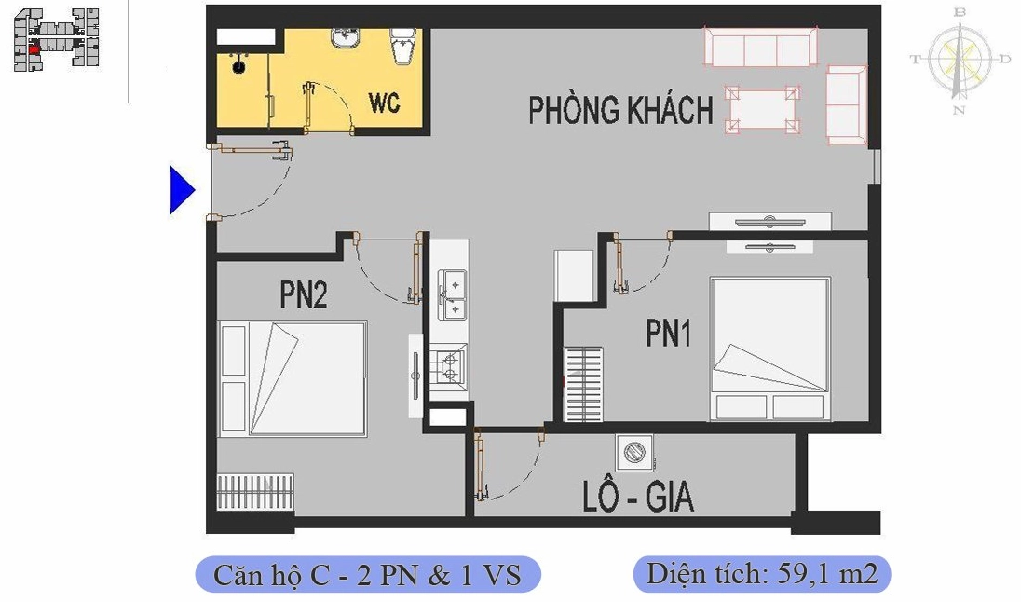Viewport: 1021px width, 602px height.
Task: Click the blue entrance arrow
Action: (181, 190)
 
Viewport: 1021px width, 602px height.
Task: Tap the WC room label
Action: (384, 103)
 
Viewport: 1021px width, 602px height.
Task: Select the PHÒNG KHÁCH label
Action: (620, 110)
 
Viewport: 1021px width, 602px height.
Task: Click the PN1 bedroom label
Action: (669, 334)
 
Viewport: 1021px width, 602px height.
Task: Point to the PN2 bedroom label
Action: (303, 295)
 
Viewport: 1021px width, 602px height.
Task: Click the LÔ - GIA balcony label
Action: (638, 498)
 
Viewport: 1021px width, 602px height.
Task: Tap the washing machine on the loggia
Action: (633, 453)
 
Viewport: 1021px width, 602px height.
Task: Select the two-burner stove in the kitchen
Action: (450, 366)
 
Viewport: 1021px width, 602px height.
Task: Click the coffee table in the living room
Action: (763, 110)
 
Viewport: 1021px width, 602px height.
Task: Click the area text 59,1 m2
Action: (762, 574)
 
